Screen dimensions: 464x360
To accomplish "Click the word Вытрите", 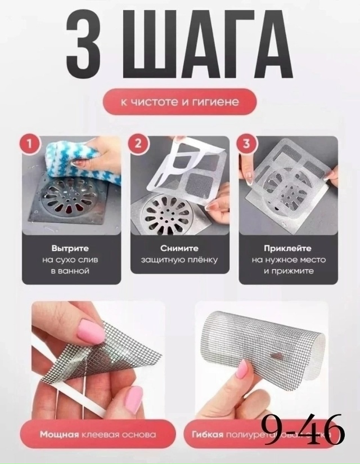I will point(70,248).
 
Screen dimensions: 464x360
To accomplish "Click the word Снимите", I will point(179,248).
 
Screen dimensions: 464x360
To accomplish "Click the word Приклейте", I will point(288,248).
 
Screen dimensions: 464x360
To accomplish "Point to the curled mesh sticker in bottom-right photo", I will point(264,343).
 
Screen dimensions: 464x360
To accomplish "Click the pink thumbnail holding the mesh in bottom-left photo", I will point(90,331).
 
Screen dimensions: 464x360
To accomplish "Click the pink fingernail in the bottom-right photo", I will point(242,369).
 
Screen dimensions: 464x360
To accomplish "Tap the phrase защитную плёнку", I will point(179,260).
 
